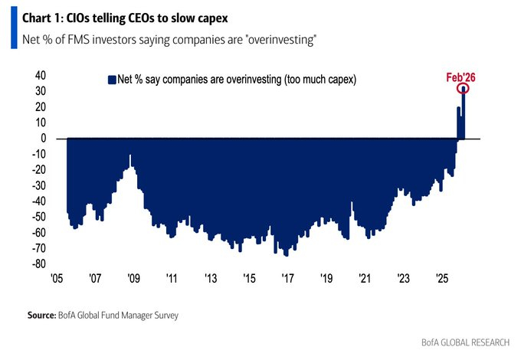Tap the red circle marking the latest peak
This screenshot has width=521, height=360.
tap(464, 90)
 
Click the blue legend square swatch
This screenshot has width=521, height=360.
tap(110, 79)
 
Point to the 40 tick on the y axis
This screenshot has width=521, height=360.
tap(40, 75)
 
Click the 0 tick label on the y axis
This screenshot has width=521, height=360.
tap(43, 139)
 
